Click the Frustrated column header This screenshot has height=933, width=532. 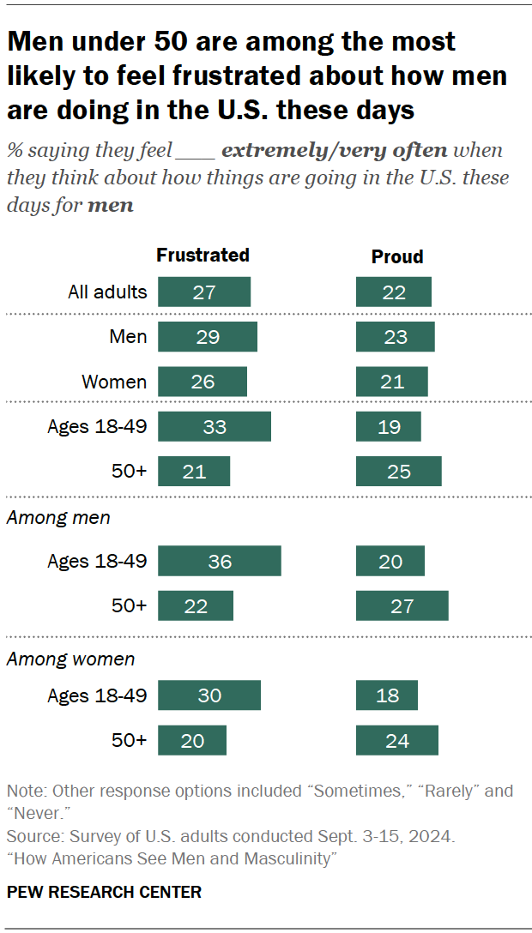[203, 255]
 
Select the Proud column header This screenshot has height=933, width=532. [397, 256]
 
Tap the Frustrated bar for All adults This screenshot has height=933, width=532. [204, 292]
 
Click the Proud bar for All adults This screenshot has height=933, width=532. [394, 292]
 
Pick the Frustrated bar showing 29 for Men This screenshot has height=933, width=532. [208, 337]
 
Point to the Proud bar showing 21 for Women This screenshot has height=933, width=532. [391, 382]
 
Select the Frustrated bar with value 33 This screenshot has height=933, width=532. [215, 426]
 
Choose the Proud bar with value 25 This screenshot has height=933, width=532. [398, 471]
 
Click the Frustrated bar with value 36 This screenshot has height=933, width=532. [220, 561]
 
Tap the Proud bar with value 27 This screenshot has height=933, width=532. [402, 605]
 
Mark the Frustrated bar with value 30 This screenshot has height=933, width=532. [209, 695]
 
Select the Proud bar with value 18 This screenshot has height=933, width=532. [387, 695]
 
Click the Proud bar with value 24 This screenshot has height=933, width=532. [396, 740]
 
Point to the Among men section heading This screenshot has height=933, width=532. [58, 518]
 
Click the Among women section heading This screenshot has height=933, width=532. [70, 659]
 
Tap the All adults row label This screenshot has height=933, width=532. [107, 292]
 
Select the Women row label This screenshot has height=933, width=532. [114, 382]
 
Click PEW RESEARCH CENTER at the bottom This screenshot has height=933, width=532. [104, 892]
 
